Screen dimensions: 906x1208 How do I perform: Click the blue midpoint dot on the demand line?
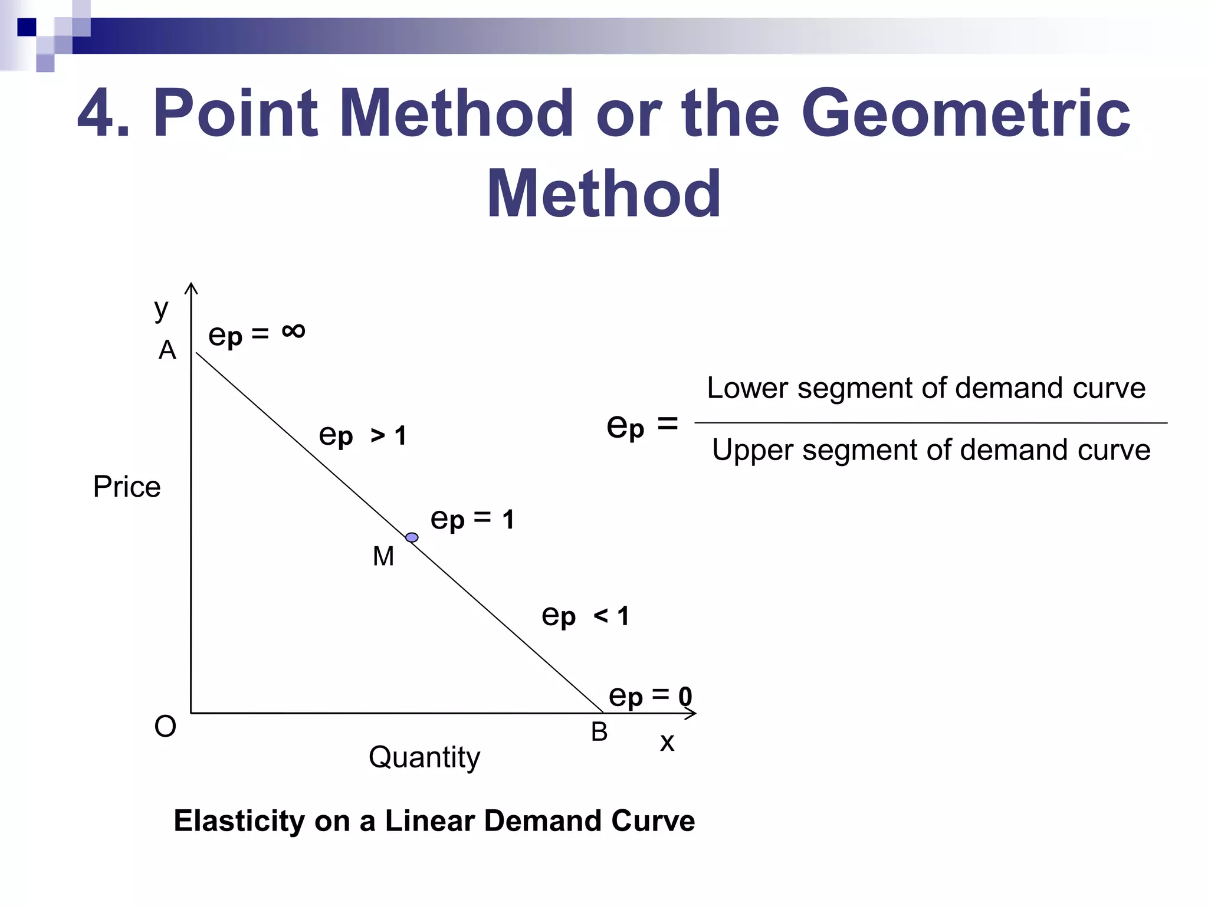point(412,537)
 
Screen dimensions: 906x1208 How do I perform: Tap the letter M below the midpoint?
point(383,556)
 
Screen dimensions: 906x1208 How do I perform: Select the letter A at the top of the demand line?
point(168,350)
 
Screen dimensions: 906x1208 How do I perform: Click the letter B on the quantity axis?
point(599,733)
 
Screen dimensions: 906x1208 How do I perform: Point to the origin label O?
point(165,727)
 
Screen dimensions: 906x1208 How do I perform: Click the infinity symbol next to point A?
point(293,331)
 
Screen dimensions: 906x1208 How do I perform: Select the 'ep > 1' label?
point(362,436)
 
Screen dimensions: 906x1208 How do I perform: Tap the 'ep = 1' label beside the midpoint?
point(472,520)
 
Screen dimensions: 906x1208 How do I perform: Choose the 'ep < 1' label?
point(585,616)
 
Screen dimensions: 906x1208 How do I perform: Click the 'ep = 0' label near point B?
point(650,697)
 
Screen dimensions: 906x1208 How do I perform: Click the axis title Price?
point(127,487)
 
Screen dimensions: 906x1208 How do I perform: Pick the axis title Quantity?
point(424,757)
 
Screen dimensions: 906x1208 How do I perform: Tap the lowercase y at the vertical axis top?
point(161,308)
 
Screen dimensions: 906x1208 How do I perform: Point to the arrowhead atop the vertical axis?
point(191,287)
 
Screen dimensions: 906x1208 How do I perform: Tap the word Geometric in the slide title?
point(965,113)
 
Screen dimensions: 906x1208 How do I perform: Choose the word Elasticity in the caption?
point(239,821)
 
